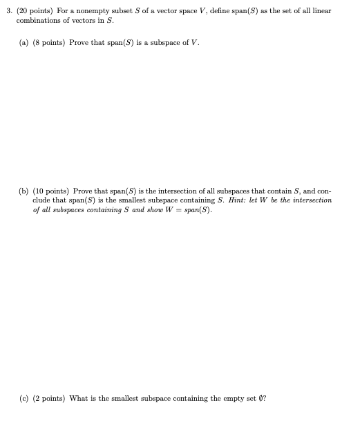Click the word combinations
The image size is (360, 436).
pos(37,21)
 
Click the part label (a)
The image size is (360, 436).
pos(24,43)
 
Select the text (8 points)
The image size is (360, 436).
pos(50,43)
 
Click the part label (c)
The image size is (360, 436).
pos(24,398)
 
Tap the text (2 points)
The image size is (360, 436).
pos(50,398)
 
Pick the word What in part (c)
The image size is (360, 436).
pos(80,398)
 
